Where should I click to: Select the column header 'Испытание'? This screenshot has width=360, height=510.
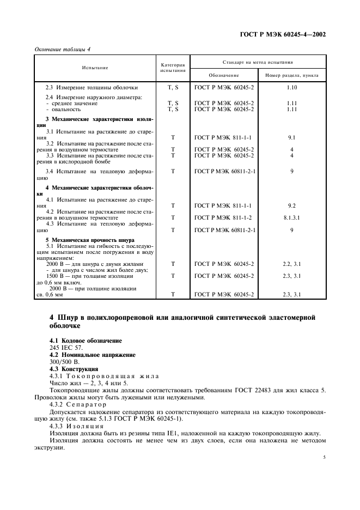click(x=95, y=68)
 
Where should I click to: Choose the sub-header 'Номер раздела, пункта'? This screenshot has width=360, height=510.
click(x=292, y=75)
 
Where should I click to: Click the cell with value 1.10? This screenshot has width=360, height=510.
click(x=292, y=87)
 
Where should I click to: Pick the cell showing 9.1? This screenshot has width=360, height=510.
click(x=292, y=138)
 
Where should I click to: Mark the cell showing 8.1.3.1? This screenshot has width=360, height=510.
click(x=292, y=217)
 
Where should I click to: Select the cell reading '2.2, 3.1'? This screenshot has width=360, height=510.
click(x=292, y=264)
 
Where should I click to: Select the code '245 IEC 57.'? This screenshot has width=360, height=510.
click(x=64, y=348)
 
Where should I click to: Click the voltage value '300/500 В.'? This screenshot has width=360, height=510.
click(x=64, y=362)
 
